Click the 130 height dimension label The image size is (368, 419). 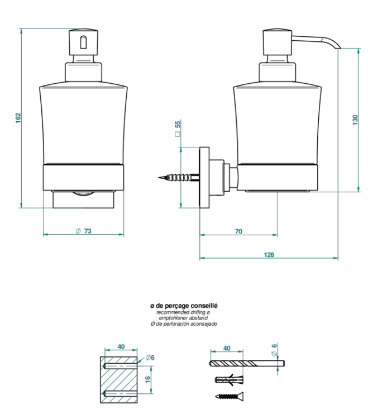pos(356,120)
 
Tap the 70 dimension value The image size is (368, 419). pos(238,231)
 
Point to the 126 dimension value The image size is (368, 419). pos(269,255)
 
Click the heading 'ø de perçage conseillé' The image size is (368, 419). pos(184,306)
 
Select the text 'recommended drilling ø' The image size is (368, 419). pos(184,312)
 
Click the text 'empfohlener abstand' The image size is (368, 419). pos(184,318)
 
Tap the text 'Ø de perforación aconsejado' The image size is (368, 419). pos(184,324)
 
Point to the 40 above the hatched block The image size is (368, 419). pos(120,346)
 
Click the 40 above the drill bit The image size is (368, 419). pos(227,348)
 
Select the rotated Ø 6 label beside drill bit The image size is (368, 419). pos(274,349)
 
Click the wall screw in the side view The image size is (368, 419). pos(179,178)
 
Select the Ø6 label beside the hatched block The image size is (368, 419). pos(149,358)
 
